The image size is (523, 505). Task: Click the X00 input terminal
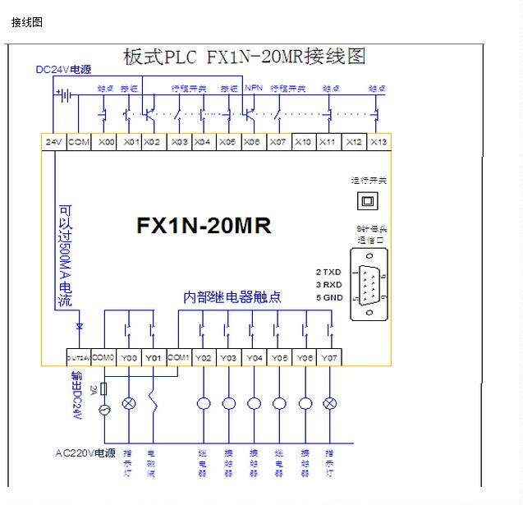point(106,142)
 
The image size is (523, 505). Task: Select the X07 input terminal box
point(278,142)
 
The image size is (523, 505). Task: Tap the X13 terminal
point(378,142)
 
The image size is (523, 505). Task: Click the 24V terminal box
point(54,142)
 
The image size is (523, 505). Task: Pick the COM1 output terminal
point(178,357)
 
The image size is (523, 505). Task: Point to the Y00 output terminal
point(129,357)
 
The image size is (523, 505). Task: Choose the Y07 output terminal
point(329,357)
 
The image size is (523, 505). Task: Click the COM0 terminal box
point(103,357)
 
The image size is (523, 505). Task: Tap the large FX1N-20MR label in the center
point(204,225)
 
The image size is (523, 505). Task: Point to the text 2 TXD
point(328,271)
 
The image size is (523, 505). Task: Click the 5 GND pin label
point(328,297)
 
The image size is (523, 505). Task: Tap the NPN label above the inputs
point(253,88)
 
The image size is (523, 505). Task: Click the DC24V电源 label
point(63,70)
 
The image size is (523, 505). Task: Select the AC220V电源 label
point(85,452)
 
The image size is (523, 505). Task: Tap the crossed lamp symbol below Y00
point(129,403)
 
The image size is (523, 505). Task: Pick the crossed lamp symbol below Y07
point(329,403)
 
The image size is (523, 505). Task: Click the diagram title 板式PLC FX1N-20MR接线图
point(244,57)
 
